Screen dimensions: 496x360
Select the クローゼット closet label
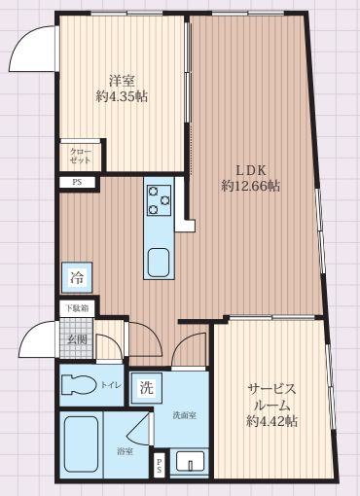click(x=77, y=156)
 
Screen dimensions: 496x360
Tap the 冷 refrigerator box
click(x=76, y=278)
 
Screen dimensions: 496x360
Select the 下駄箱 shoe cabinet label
click(x=77, y=309)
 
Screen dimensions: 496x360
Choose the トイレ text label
click(x=111, y=386)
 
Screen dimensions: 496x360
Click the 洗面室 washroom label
click(x=184, y=415)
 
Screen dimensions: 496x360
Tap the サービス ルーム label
click(x=271, y=396)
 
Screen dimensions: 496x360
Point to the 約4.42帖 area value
click(x=271, y=421)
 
